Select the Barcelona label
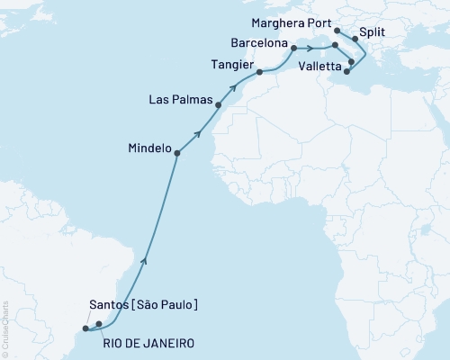click(259, 42)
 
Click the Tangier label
click(232, 66)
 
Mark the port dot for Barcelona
click(293, 43)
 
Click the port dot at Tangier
click(259, 72)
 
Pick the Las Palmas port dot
click(218, 104)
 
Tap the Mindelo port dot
click(176, 153)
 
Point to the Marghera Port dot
click(337, 30)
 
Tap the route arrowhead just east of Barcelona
click(312, 49)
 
